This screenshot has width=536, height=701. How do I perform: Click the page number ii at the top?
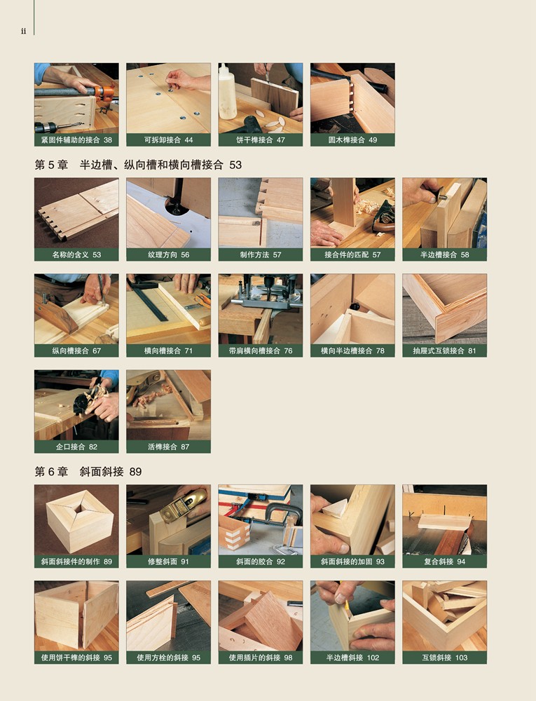[x=23, y=30]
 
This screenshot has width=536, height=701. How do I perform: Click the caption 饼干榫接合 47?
[x=261, y=140]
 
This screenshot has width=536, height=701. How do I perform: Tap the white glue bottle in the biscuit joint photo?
[x=227, y=93]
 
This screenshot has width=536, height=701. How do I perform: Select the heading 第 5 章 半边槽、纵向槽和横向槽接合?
[x=129, y=165]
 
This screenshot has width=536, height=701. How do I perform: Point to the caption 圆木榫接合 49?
[x=352, y=140]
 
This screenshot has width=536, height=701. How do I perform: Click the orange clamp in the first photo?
[x=104, y=94]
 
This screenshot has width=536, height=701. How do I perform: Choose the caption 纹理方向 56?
[x=168, y=255]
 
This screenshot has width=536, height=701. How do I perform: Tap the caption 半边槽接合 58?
[x=444, y=255]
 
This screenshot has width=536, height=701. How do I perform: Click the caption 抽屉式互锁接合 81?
[x=444, y=351]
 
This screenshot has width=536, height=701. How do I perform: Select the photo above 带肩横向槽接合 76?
[x=261, y=309]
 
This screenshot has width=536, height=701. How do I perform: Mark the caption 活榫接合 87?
[x=168, y=447]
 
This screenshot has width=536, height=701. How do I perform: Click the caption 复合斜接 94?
[x=444, y=562]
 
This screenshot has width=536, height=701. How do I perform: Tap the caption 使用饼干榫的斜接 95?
[x=76, y=658]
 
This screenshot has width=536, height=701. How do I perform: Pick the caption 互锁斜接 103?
[x=444, y=658]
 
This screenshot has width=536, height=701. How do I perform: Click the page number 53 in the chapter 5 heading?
[x=235, y=165]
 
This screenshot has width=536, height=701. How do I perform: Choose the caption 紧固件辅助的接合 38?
[x=76, y=140]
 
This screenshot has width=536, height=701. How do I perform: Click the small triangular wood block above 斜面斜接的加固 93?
[x=335, y=508]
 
